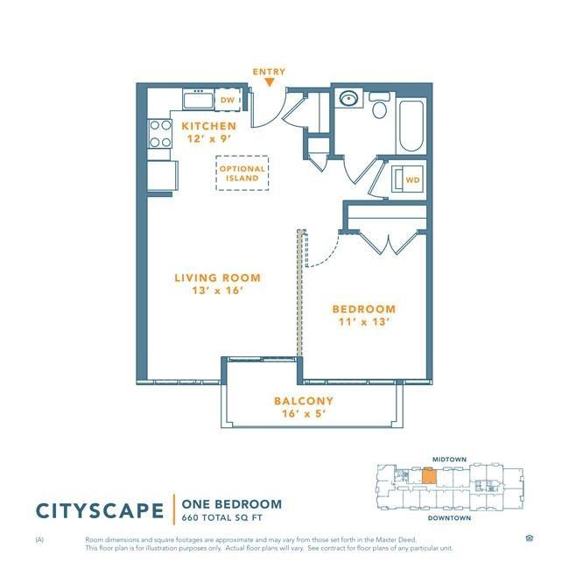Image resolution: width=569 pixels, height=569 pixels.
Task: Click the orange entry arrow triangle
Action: [x=270, y=83]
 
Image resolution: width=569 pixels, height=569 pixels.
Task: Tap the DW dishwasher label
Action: [x=228, y=100]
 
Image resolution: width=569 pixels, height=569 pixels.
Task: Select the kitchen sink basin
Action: [x=198, y=101]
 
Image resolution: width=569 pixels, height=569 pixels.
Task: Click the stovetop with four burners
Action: [x=160, y=134]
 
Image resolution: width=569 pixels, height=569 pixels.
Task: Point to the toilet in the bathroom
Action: [x=380, y=105]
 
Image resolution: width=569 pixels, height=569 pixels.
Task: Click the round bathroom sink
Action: [x=348, y=98]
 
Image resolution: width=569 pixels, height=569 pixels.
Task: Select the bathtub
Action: [x=411, y=126]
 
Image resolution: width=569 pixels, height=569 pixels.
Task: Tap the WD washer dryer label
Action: [x=412, y=180]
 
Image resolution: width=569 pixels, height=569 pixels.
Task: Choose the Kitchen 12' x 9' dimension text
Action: [x=209, y=138]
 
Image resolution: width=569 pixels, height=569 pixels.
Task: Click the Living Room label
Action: [x=217, y=278]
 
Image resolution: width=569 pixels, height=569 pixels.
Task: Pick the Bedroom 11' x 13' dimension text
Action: [x=364, y=322]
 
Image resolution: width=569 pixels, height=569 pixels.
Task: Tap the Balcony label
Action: [x=304, y=401]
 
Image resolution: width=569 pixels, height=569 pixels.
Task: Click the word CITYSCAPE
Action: [x=100, y=511]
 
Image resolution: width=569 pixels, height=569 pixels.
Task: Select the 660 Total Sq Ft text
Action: [x=221, y=518]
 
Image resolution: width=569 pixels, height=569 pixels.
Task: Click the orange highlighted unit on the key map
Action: [x=429, y=475]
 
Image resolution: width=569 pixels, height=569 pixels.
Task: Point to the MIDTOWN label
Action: [x=449, y=460]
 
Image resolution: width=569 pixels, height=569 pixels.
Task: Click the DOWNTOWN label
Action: [x=449, y=518]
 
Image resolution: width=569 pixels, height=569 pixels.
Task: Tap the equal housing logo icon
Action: [x=529, y=537]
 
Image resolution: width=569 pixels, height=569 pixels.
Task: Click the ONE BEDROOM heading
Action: [x=231, y=504]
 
